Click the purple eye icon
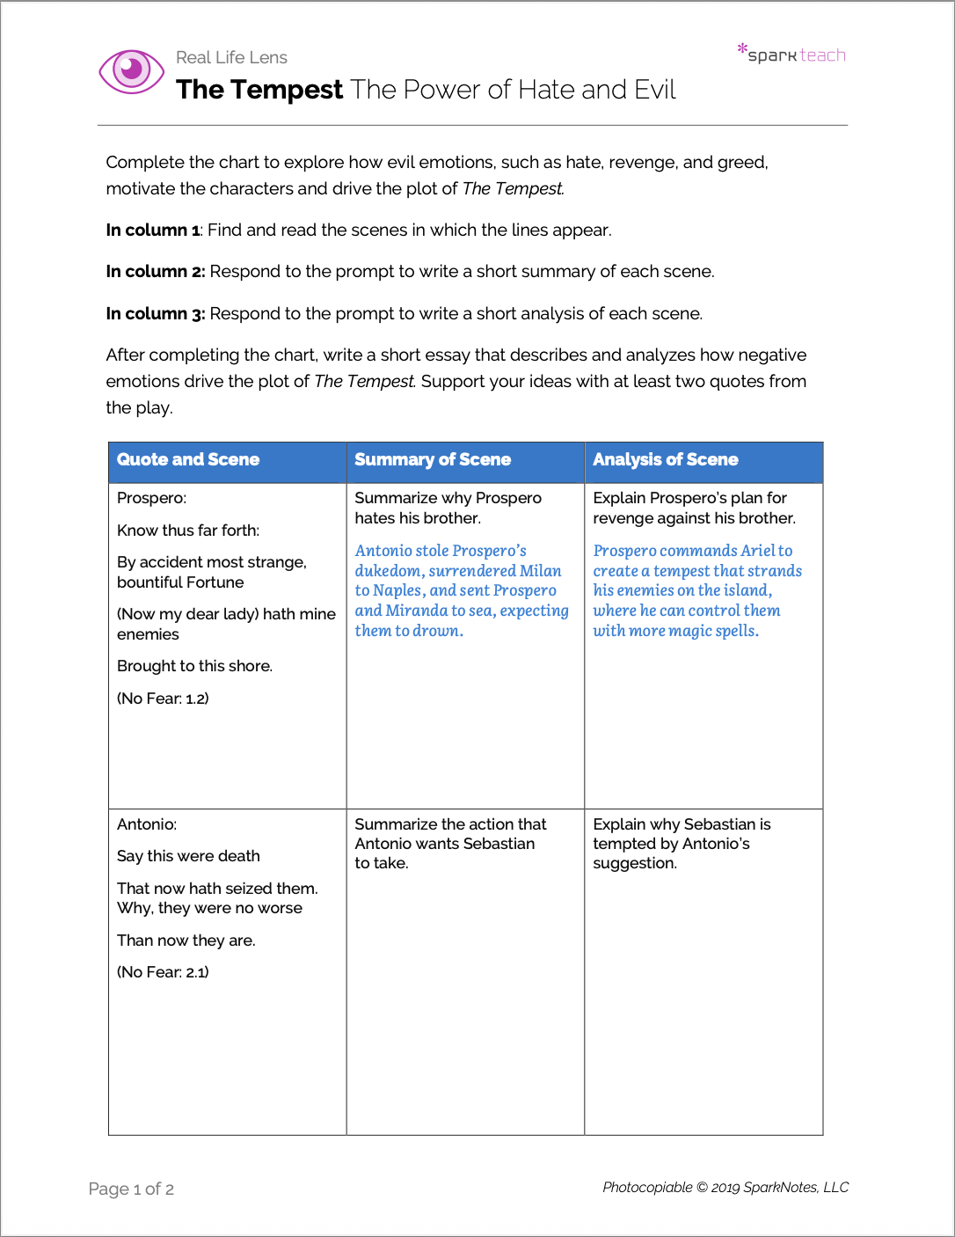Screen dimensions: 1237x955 coord(131,70)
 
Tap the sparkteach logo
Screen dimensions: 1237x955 coord(792,54)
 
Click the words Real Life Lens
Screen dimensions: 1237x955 coord(231,57)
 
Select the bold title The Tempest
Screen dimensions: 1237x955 coord(259,90)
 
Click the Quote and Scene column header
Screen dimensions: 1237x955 coord(188,459)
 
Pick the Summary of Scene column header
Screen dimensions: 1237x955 coord(433,459)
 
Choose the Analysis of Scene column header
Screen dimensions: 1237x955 coord(666,459)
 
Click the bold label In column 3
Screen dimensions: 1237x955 coord(155,314)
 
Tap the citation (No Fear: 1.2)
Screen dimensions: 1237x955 coord(163,699)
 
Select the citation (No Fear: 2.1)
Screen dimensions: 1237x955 coord(163,972)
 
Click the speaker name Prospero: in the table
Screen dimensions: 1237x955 coord(151,498)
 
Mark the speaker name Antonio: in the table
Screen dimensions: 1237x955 coord(147,824)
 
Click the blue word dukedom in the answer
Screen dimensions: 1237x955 coord(388,571)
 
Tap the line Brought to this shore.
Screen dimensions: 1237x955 coord(194,666)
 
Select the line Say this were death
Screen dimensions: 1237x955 coord(188,856)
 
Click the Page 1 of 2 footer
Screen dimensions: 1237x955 coord(131,1189)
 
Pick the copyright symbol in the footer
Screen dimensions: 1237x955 coord(702,1188)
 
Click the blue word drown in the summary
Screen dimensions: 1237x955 coord(436,631)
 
